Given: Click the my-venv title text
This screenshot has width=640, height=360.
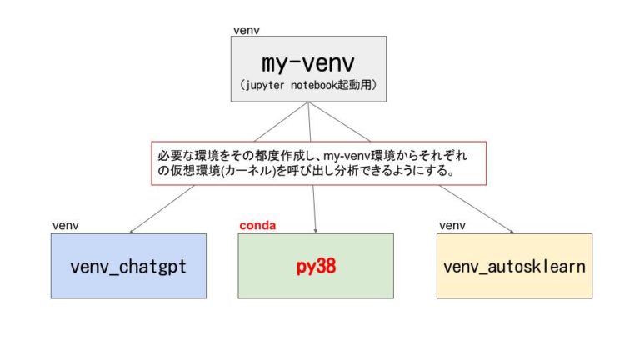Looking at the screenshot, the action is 308,63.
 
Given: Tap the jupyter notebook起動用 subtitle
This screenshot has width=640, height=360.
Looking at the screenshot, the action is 308,85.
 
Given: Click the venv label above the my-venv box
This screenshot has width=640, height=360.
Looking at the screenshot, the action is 247,30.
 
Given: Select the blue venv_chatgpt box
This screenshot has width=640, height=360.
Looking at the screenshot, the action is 128,266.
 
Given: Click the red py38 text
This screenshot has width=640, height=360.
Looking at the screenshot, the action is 316,267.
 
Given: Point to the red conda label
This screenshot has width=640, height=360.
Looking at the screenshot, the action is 257,225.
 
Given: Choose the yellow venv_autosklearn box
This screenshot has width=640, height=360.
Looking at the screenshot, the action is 514,266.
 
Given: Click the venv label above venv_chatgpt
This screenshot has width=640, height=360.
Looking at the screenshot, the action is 66,225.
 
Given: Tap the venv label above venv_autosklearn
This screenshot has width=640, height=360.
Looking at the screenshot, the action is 452,225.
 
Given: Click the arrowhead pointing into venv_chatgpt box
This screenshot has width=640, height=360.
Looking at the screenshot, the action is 131,232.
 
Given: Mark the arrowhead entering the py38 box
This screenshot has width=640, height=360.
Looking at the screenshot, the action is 316,232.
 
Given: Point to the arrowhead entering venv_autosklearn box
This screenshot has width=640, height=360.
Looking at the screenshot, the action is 512,232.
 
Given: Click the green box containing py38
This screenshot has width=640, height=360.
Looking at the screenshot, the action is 316,266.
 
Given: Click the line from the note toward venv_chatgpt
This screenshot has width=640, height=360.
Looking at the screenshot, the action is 162,208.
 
